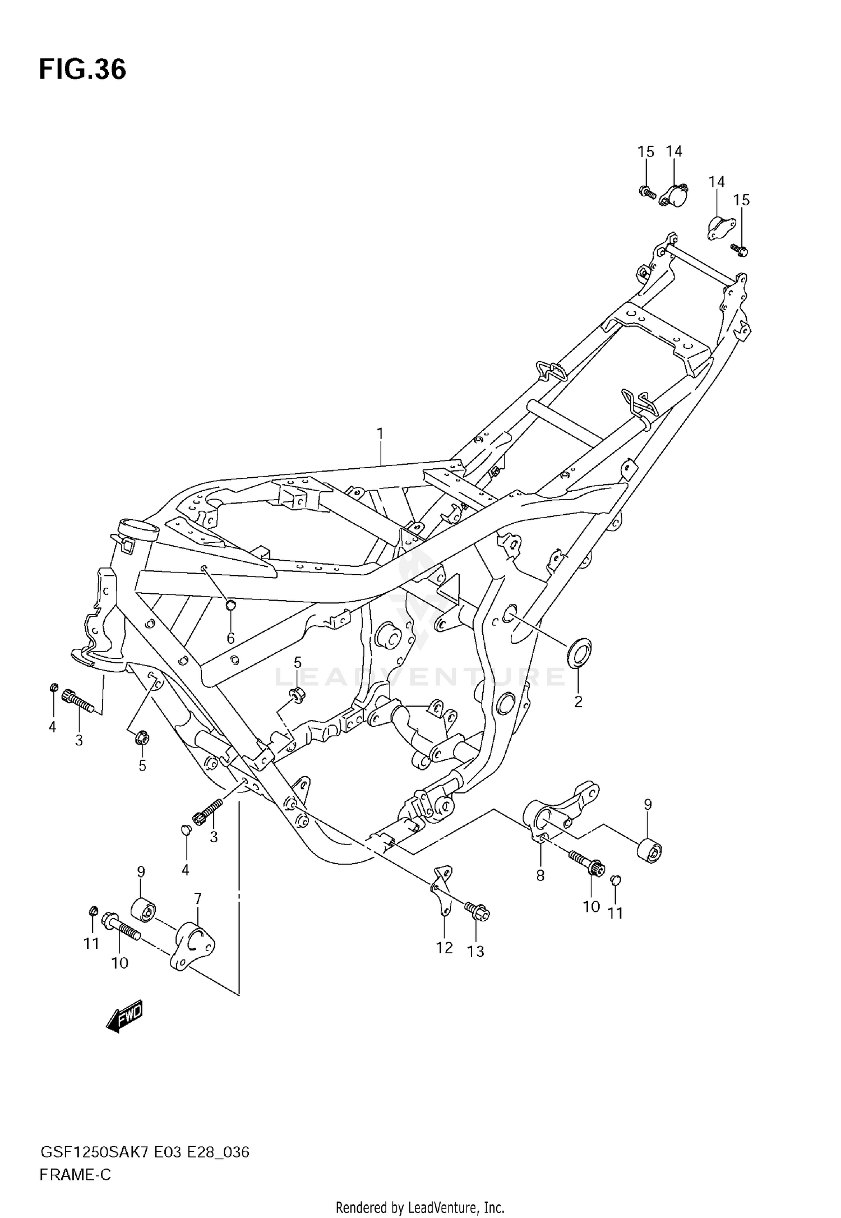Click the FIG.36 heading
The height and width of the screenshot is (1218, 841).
[x=82, y=70]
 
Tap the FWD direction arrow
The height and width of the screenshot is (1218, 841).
[x=124, y=1016]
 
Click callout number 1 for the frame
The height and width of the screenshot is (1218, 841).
[x=380, y=433]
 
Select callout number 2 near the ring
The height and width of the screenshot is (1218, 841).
[x=578, y=702]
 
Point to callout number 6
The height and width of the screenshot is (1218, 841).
[x=230, y=638]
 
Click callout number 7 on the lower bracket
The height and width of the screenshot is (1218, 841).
[x=197, y=899]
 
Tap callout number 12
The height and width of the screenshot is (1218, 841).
[x=444, y=948]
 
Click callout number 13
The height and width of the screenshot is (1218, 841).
[x=475, y=952]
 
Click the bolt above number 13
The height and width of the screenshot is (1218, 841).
[x=477, y=911]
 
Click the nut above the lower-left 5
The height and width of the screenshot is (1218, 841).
[x=142, y=737]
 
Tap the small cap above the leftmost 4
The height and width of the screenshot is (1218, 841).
[x=54, y=688]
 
